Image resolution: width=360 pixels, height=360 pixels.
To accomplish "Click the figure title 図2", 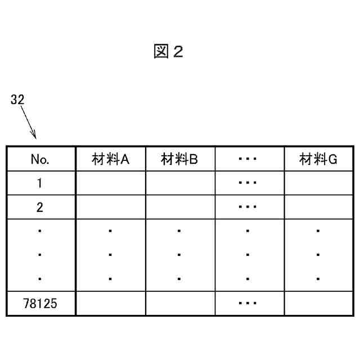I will [168, 52].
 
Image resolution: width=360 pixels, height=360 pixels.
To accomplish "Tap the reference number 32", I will [17, 100].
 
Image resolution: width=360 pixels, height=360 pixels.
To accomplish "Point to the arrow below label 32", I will [29, 123].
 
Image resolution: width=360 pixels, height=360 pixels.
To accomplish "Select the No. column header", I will [40, 159].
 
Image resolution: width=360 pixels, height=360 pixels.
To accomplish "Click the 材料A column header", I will [110, 159].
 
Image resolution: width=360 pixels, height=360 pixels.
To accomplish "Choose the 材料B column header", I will [179, 159].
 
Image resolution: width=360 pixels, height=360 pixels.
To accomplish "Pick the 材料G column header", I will [318, 159].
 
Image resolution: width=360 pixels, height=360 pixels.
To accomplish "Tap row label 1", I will [40, 183].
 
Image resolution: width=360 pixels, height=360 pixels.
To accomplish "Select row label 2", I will [40, 207].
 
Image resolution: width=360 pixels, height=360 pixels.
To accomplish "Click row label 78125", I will [40, 304].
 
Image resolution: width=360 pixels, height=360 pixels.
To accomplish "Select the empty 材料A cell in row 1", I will [110, 183].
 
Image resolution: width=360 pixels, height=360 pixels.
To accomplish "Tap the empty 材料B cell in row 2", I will [179, 207].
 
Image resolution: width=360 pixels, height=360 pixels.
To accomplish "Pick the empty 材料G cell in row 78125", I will [318, 304].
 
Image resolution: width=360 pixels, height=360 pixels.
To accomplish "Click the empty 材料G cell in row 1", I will [318, 183].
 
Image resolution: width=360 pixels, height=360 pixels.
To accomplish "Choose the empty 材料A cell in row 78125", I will [110, 304].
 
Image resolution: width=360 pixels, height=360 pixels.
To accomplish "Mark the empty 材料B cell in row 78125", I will [179, 304].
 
